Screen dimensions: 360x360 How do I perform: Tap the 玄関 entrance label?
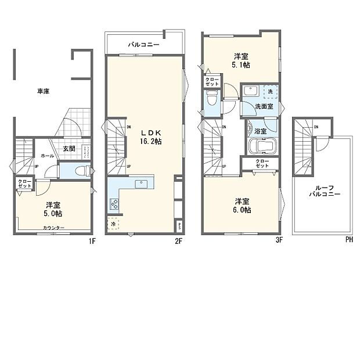(69, 149)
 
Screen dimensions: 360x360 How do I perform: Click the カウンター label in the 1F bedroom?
(54, 228)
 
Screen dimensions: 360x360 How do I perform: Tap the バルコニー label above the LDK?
(141, 44)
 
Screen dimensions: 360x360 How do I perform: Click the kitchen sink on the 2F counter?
(141, 184)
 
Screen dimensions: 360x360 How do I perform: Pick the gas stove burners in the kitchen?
(114, 204)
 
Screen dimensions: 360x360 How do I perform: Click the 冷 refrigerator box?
(113, 224)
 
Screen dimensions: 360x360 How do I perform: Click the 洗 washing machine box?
(269, 92)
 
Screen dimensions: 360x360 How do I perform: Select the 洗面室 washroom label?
(264, 107)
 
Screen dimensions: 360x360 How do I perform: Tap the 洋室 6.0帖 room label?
(242, 206)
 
